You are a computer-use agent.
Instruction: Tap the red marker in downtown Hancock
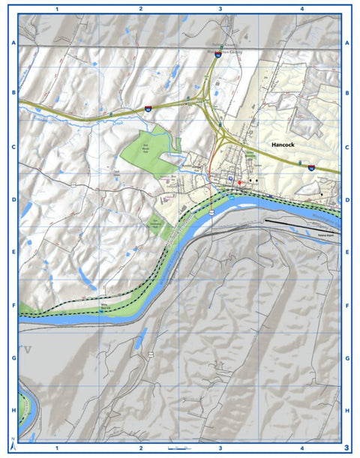coord(240,183)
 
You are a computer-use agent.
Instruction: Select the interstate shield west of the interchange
coord(148,109)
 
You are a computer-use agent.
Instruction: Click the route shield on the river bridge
coord(213,212)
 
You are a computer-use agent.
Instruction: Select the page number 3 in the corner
coord(346,448)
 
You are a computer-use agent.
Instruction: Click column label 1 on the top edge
coord(57,9)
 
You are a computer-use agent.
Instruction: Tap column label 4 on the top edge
coord(301,9)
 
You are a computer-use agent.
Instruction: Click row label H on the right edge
coord(347,411)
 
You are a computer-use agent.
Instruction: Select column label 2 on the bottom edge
coord(140,449)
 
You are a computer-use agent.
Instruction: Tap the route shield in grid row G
coord(151,353)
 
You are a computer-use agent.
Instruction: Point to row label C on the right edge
coord(347,148)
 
